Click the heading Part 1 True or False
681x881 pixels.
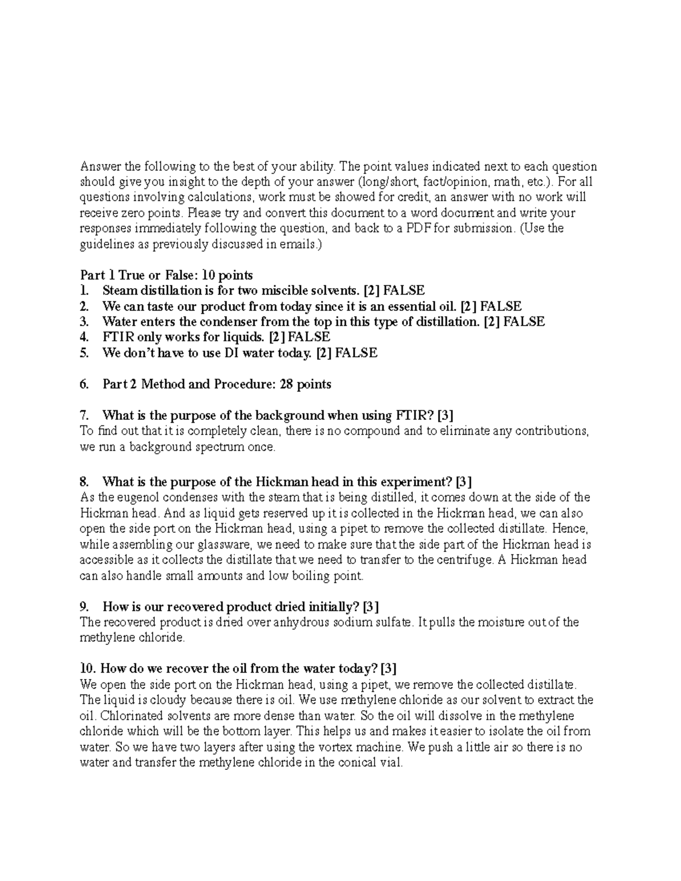tap(166, 275)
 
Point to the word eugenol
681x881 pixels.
tap(134, 498)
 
